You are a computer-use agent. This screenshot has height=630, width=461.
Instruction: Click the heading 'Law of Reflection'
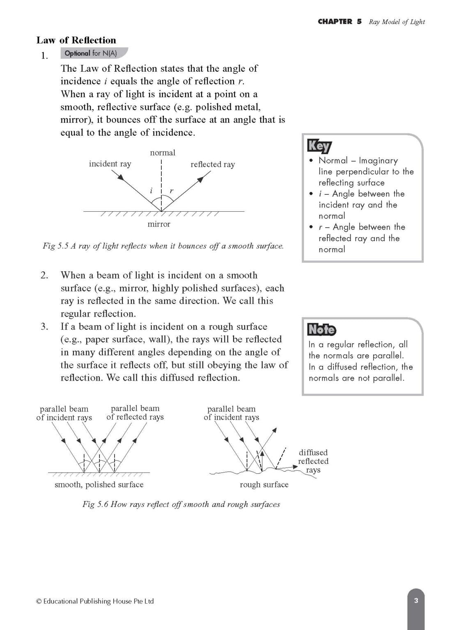pyautogui.click(x=76, y=40)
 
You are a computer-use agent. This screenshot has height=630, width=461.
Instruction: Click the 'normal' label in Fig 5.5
pyautogui.click(x=163, y=153)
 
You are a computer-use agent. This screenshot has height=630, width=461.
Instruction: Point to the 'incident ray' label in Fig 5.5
pyautogui.click(x=110, y=164)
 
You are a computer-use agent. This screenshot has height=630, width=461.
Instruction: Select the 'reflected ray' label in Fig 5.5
pyautogui.click(x=213, y=164)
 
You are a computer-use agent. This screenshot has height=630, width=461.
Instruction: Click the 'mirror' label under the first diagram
pyautogui.click(x=159, y=224)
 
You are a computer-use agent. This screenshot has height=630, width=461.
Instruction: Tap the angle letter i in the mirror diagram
pyautogui.click(x=151, y=191)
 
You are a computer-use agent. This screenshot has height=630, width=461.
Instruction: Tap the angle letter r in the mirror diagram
pyautogui.click(x=171, y=191)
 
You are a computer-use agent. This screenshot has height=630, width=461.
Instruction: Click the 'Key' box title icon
pyautogui.click(x=319, y=146)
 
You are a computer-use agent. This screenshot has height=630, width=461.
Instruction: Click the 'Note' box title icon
pyautogui.click(x=321, y=329)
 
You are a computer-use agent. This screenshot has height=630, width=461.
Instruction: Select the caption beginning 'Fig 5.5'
pyautogui.click(x=163, y=246)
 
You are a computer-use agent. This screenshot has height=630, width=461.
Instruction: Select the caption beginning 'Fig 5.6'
pyautogui.click(x=181, y=504)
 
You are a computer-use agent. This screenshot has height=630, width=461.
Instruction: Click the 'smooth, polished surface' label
pyautogui.click(x=99, y=484)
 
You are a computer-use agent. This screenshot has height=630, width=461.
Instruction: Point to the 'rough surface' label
pyautogui.click(x=264, y=484)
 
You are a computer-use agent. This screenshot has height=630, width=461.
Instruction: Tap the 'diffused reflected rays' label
pyautogui.click(x=313, y=461)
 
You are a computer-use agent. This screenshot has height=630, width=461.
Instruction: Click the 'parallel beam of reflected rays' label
pyautogui.click(x=135, y=413)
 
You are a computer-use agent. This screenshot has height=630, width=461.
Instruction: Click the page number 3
pyautogui.click(x=416, y=601)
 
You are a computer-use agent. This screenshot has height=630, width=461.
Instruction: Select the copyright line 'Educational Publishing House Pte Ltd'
pyautogui.click(x=95, y=601)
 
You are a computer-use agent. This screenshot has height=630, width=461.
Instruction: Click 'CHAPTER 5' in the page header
pyautogui.click(x=339, y=22)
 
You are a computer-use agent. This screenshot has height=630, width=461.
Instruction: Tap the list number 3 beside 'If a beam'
pyautogui.click(x=44, y=327)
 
